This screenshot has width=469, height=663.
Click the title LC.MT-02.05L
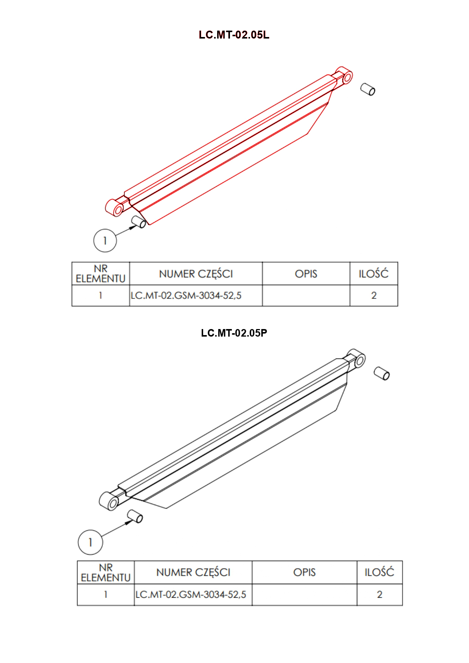point(234,35)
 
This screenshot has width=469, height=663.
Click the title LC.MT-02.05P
point(234,333)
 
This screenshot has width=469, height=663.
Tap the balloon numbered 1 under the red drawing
point(105,240)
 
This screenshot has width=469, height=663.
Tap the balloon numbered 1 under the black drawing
point(90,542)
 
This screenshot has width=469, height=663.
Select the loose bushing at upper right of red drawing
point(368,89)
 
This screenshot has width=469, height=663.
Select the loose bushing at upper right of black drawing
point(382,373)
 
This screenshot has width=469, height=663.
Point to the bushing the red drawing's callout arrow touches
point(139,222)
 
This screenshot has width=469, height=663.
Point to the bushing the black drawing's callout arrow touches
point(135,516)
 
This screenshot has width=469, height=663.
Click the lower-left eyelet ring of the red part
point(114,208)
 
